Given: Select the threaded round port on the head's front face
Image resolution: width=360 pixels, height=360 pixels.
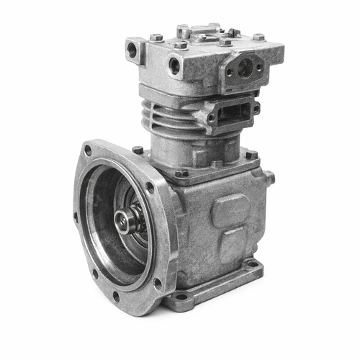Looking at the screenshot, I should click(175, 66).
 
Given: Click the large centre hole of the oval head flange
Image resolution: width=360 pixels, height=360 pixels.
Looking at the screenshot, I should click(245, 68).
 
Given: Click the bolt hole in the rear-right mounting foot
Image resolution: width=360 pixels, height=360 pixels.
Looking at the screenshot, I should click(251, 264).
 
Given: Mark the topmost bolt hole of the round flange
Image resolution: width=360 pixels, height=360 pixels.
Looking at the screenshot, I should click(88, 150).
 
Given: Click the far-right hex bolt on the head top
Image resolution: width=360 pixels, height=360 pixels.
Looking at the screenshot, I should click(258, 37).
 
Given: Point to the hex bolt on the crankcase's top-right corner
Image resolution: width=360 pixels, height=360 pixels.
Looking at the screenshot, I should click(251, 154).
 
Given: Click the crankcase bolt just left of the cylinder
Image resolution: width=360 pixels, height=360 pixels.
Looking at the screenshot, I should click(138, 150).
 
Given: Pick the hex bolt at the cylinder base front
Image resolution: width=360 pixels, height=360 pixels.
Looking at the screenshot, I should click(182, 173).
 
